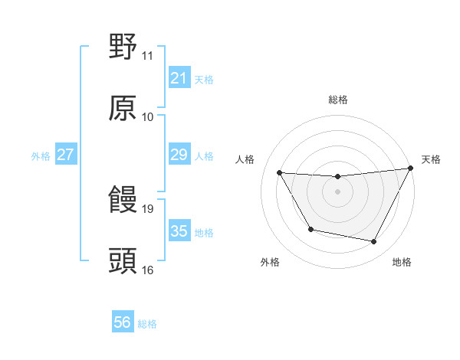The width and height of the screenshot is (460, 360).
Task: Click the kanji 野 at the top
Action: point(123,47)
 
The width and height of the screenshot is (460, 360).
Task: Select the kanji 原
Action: point(123,108)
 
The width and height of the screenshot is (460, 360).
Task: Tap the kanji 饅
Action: point(123,200)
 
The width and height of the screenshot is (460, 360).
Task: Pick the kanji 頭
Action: point(123,261)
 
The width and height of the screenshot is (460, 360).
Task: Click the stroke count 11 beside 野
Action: point(147,56)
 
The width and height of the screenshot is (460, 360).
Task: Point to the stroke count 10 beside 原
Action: point(147,117)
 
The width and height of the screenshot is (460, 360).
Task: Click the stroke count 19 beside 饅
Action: point(147,208)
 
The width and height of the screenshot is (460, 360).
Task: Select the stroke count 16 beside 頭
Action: point(147,270)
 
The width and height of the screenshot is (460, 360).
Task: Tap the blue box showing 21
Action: point(179,78)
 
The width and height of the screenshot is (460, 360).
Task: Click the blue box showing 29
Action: point(179,155)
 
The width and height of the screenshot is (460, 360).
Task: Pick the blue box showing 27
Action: point(66,155)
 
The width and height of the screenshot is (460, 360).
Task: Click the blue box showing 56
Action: point(122,322)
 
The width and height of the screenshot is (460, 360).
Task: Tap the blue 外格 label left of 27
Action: point(41,156)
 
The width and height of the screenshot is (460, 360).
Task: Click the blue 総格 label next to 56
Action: point(147,324)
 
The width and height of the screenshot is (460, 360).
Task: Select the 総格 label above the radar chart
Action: point(338,100)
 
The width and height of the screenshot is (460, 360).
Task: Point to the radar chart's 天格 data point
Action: point(412,169)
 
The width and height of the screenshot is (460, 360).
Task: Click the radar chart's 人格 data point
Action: point(279,172)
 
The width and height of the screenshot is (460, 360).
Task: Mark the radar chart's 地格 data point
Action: point(374,242)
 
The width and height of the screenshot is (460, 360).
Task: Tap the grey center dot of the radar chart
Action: point(337,191)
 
